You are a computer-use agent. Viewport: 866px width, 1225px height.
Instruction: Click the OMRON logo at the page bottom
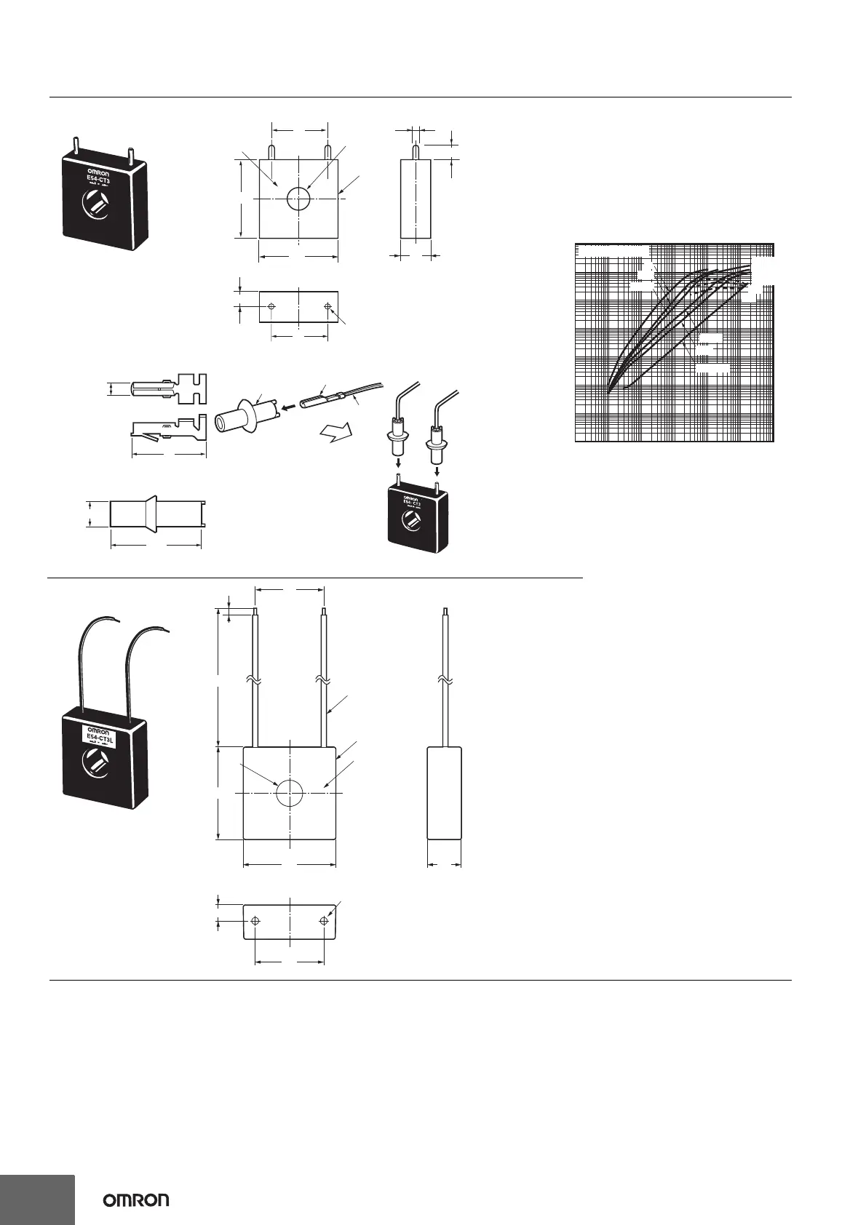(x=136, y=1200)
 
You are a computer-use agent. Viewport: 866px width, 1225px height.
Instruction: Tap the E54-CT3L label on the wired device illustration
(x=101, y=736)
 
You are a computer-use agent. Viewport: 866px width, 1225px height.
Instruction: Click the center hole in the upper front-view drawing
(x=298, y=198)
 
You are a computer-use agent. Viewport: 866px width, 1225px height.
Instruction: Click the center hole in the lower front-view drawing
(x=289, y=792)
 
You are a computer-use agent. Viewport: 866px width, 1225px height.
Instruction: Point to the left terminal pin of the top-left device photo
(x=75, y=145)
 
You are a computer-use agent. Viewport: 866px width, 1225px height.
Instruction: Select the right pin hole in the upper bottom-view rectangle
(x=327, y=306)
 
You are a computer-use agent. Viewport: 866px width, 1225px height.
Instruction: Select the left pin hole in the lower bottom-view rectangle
(x=255, y=921)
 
